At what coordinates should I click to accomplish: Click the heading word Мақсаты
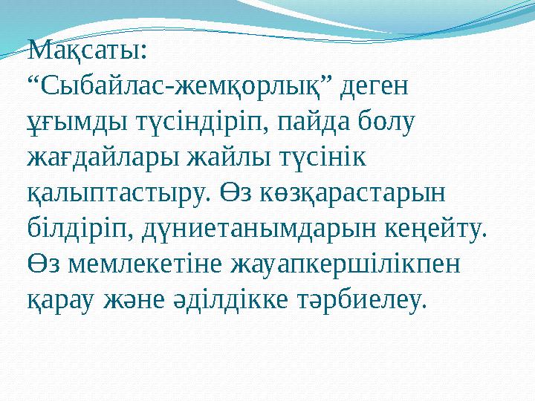(x=85, y=53)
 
